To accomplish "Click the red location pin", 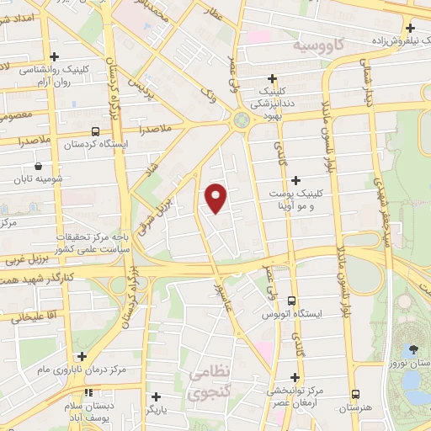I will click(x=216, y=196).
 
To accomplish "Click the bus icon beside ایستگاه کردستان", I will click(x=94, y=132).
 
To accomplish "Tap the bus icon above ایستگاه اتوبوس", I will click(x=292, y=301).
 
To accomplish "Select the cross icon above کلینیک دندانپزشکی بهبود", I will click(x=271, y=78).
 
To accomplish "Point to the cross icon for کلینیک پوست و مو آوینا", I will click(x=295, y=180).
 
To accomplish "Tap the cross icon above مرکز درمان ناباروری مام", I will click(x=81, y=357).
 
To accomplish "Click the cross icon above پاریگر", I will click(x=157, y=396).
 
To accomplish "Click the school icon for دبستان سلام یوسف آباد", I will click(x=88, y=393).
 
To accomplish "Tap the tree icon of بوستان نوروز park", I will click(x=412, y=349).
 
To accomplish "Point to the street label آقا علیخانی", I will click(x=33, y=317).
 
